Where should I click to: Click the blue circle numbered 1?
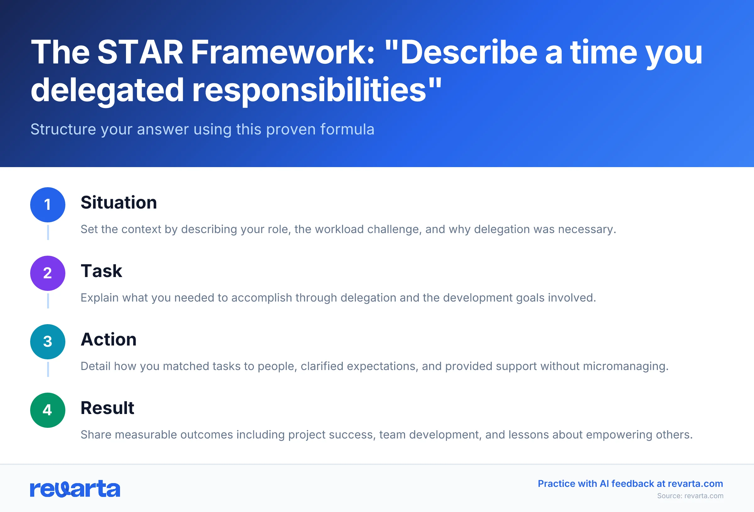[48, 205]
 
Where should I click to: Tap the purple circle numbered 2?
[48, 273]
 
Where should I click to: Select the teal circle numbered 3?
[48, 342]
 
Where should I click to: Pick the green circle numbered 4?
[48, 410]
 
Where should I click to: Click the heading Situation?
[119, 203]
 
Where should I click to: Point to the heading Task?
[101, 271]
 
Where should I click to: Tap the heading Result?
[107, 408]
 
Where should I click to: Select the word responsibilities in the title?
[309, 90]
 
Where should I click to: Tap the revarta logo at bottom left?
[75, 489]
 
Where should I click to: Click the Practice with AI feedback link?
[630, 483]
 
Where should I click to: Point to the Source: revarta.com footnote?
[690, 496]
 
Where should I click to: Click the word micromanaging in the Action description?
[625, 366]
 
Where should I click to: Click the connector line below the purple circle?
[48, 301]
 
